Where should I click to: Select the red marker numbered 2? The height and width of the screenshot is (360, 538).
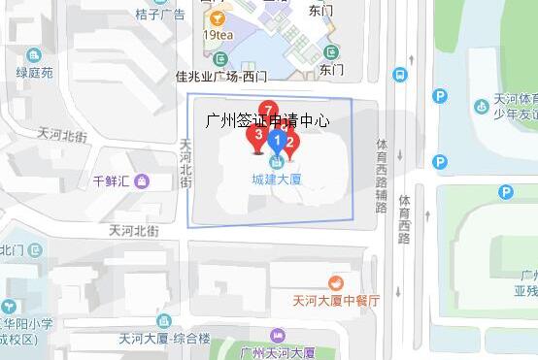[289, 144]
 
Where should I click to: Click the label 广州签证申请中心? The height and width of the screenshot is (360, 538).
[269, 122]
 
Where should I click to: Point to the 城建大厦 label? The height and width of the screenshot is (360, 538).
[277, 179]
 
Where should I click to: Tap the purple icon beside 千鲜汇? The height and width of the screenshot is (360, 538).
[143, 180]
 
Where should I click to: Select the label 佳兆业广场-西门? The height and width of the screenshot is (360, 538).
[220, 76]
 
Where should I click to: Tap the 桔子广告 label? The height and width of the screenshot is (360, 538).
[160, 15]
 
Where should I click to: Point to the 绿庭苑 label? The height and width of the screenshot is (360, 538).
[36, 73]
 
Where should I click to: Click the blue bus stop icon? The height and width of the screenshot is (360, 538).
[399, 74]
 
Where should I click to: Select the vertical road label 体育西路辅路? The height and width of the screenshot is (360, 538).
[382, 176]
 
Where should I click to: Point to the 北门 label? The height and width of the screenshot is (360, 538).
[11, 250]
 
